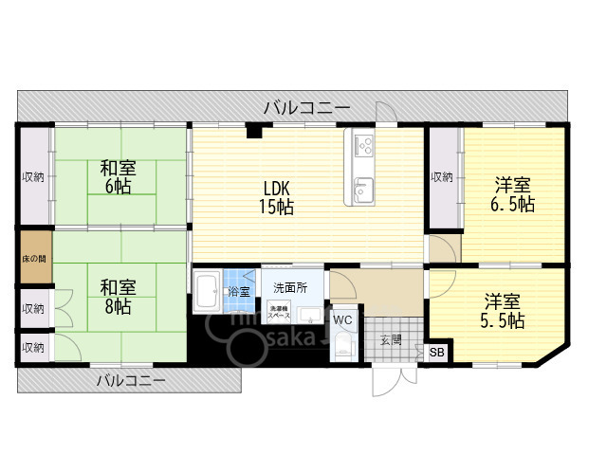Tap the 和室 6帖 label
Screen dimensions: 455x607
pyautogui.click(x=119, y=177)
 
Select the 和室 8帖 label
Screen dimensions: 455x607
pyautogui.click(x=119, y=296)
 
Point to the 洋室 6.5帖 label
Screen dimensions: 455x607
pyautogui.click(x=513, y=193)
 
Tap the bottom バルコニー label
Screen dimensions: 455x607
pyautogui.click(x=131, y=381)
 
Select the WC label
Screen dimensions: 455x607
pyautogui.click(x=342, y=320)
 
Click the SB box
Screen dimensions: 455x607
pyautogui.click(x=437, y=354)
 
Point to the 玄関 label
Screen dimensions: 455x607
pyautogui.click(x=391, y=338)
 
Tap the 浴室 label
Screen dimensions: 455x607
pyautogui.click(x=238, y=292)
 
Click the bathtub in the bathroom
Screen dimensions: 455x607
pyautogui.click(x=208, y=292)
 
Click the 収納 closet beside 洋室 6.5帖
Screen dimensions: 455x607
pyautogui.click(x=442, y=177)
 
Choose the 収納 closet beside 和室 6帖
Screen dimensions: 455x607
pyautogui.click(x=33, y=177)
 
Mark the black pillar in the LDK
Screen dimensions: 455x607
pyautogui.click(x=253, y=132)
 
